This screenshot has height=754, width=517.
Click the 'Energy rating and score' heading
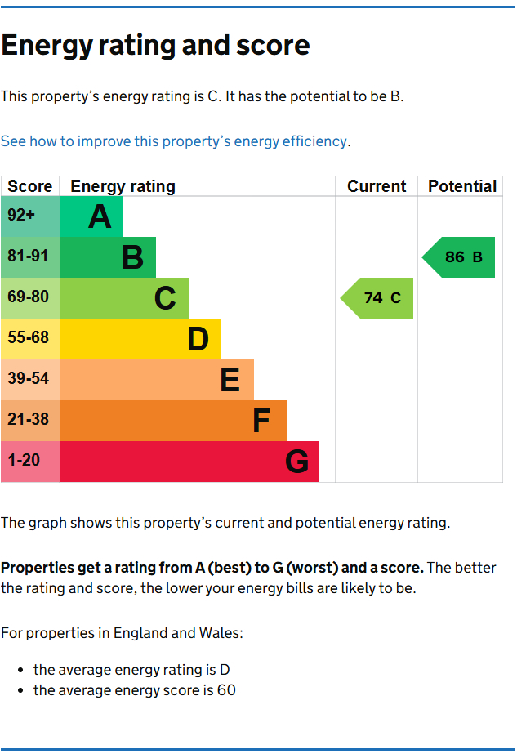pyautogui.click(x=155, y=45)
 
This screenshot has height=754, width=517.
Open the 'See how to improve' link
pyautogui.click(x=174, y=141)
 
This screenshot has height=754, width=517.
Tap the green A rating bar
pyautogui.click(x=91, y=216)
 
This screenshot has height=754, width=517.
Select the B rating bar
pyautogui.click(x=108, y=257)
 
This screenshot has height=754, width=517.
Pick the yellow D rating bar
pyautogui.click(x=140, y=339)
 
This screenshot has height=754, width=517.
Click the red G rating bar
pyautogui.click(x=189, y=462)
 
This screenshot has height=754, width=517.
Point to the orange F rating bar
pyautogui.click(x=173, y=421)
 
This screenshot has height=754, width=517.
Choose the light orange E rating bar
pyautogui.click(x=157, y=380)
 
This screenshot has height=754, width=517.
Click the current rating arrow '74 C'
pyautogui.click(x=378, y=298)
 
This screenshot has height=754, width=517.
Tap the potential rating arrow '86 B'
pyautogui.click(x=460, y=257)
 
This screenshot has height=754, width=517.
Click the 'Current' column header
pyautogui.click(x=377, y=186)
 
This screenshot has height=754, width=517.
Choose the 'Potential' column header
pyautogui.click(x=461, y=186)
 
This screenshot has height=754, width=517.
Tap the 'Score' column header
pyautogui.click(x=30, y=186)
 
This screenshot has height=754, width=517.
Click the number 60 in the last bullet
pyautogui.click(x=226, y=690)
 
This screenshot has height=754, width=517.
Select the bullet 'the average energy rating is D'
pyautogui.click(x=131, y=670)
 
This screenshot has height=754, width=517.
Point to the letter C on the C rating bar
pyautogui.click(x=165, y=298)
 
